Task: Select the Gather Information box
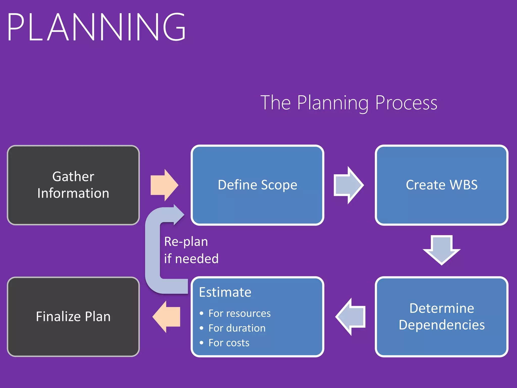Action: point(73,185)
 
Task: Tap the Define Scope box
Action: point(257,185)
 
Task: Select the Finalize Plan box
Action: point(73,317)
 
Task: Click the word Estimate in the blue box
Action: point(225,292)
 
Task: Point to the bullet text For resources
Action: point(239,313)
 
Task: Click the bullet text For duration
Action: point(237,328)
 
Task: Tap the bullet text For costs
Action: point(229,343)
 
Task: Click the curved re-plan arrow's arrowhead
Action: point(178,215)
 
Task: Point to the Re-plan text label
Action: point(186,242)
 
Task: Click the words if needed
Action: point(191,259)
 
